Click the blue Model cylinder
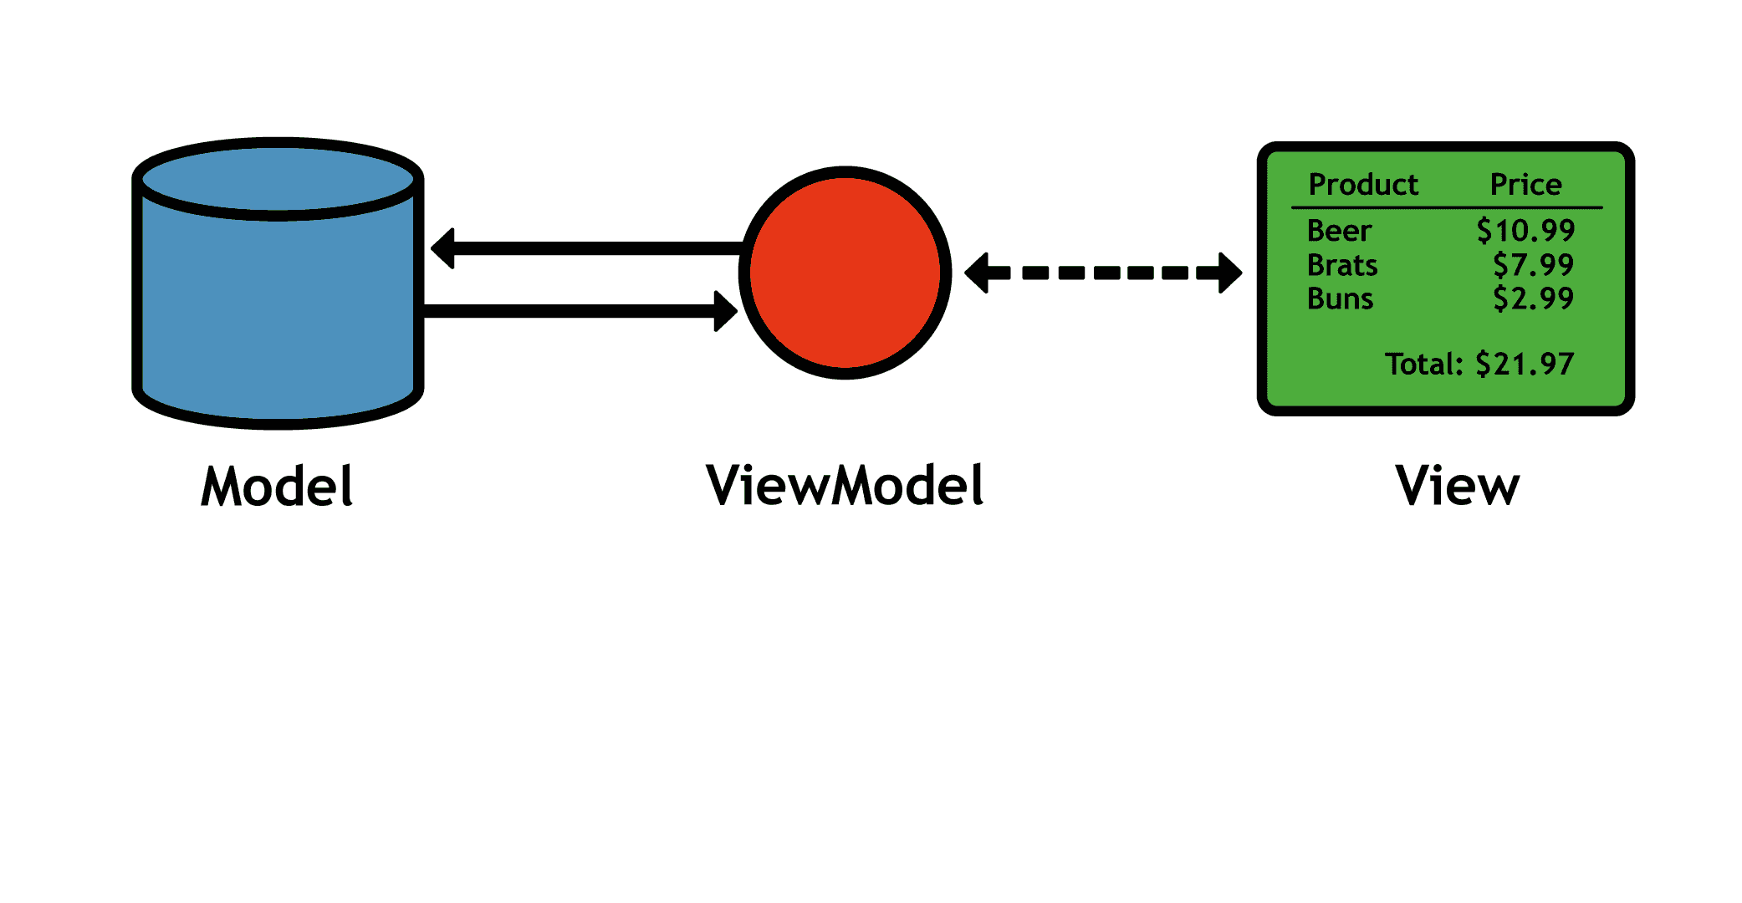[x=278, y=309]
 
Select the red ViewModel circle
[x=845, y=273]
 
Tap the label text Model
[x=277, y=487]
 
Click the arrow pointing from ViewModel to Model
[x=585, y=248]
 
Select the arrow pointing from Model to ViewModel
[x=577, y=311]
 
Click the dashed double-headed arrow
[x=1103, y=273]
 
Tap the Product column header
[x=1363, y=184]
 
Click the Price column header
[x=1525, y=184]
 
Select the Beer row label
[x=1339, y=231]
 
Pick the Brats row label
[x=1341, y=265]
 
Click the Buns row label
[x=1340, y=298]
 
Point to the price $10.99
[x=1525, y=231]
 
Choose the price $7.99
[x=1533, y=265]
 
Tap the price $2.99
[x=1533, y=298]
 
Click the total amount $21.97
[x=1524, y=364]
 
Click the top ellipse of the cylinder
[x=278, y=179]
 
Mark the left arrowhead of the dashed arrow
[x=978, y=273]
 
